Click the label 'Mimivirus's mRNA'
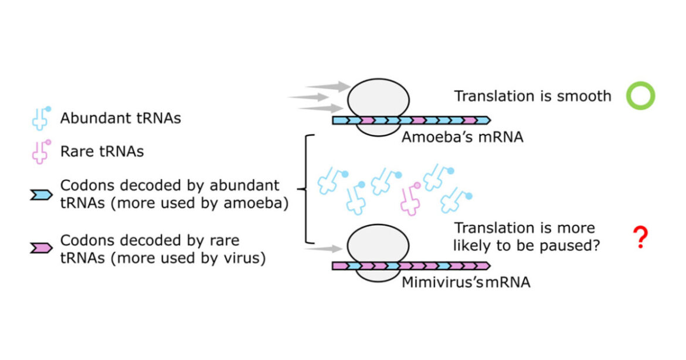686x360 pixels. click(466, 282)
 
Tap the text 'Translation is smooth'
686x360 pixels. click(532, 96)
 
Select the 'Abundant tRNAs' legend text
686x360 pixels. click(120, 118)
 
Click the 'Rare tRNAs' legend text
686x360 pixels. click(102, 151)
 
